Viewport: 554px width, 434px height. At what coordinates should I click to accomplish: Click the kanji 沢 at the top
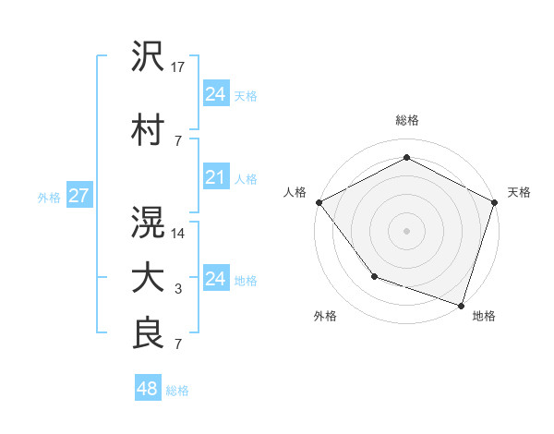pos(148,57)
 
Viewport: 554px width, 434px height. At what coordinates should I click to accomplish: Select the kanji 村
pos(148,129)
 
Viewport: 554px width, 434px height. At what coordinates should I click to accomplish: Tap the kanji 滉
pos(148,222)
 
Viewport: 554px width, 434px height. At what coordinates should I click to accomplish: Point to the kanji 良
pos(148,333)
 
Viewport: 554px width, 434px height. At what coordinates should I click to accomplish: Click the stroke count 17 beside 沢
pos(179,67)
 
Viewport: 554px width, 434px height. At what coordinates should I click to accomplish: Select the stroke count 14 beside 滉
pos(179,234)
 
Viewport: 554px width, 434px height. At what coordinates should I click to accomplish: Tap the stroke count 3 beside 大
pos(178,290)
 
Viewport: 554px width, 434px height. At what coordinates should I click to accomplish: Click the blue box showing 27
pos(78,195)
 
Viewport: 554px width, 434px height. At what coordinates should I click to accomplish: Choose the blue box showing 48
pos(148,389)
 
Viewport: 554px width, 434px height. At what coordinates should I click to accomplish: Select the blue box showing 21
pos(215,177)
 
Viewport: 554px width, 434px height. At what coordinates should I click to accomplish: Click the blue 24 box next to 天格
pos(215,93)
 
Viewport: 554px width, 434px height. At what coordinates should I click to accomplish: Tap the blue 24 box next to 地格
pos(215,279)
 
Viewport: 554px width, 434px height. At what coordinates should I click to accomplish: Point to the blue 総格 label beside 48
pos(177,391)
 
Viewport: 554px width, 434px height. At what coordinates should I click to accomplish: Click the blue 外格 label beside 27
pos(49,197)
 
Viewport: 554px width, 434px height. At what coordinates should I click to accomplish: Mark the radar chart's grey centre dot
pos(406,230)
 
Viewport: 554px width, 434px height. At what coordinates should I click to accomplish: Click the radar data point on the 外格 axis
pos(374,275)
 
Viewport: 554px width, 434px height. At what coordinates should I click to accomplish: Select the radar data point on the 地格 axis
pos(462,305)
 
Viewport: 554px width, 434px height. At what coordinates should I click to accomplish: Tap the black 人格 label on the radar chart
pos(295,192)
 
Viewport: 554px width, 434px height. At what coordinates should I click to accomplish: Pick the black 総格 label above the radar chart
pos(407,121)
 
